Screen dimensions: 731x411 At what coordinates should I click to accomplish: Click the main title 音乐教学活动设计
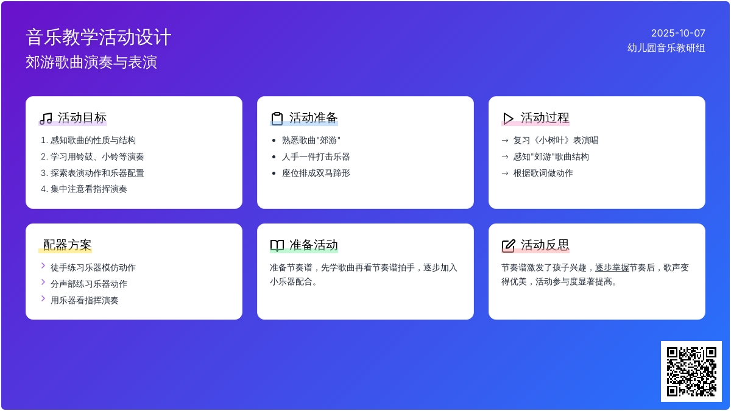pos(99,37)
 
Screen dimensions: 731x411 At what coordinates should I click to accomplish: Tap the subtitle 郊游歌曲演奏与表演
pos(91,62)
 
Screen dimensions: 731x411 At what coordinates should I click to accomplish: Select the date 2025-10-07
pos(678,33)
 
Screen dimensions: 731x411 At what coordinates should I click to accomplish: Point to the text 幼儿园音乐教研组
pos(666,48)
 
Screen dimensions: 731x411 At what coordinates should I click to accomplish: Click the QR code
pos(691,371)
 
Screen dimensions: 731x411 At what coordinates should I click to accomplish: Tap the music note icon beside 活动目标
pos(46,118)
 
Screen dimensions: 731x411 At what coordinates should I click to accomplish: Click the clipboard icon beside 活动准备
pos(277,118)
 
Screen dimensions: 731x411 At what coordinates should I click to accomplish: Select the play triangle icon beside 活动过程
pos(508,118)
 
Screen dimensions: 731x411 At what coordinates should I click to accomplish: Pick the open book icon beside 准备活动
pos(277,245)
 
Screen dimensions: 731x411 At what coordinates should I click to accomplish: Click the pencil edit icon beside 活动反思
pos(508,245)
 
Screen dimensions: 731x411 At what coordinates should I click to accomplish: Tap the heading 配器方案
pos(67,245)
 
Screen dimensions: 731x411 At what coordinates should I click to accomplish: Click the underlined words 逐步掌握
pos(612,267)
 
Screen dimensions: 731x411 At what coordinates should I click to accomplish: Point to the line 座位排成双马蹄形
pos(316,173)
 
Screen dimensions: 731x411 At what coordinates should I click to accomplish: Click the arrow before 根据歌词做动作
pos(505,173)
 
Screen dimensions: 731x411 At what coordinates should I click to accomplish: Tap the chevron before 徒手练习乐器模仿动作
pos(43,266)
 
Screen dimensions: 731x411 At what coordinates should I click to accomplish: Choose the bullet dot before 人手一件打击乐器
pos(274,157)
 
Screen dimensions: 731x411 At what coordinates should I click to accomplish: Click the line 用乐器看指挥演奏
pos(84,300)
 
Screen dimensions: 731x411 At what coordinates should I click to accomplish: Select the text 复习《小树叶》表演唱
pos(556,140)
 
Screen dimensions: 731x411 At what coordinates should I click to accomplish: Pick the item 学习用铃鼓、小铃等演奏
pos(97,156)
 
